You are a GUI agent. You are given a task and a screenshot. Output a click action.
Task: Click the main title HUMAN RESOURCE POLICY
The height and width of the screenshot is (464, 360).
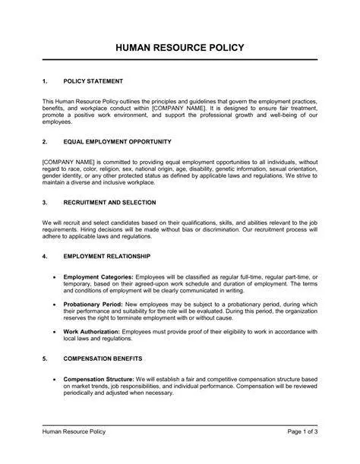180,48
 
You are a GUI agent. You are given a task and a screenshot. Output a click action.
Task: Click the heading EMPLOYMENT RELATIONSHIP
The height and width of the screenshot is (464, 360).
107,256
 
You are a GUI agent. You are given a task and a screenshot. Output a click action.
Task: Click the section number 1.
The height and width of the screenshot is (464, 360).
45,80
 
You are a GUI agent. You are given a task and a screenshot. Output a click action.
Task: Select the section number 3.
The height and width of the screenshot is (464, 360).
45,203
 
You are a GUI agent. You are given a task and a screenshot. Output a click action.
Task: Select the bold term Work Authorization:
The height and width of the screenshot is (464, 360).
92,331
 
